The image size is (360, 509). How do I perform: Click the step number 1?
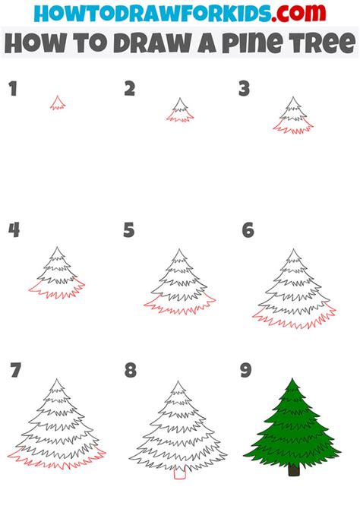coord(12,90)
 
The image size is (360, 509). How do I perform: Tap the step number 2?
coord(130,90)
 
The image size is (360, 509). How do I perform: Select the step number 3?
coord(244,90)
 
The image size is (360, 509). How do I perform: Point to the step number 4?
coord(14,229)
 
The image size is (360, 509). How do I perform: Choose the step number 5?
coord(129,229)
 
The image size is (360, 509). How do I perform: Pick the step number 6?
coord(248,229)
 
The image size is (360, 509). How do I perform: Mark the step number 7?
coord(14,371)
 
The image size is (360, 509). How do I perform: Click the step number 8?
coord(131,371)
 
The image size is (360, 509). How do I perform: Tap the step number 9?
coord(246,371)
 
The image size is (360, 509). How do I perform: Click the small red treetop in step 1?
coord(58,103)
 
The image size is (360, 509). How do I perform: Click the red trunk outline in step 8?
coord(179,473)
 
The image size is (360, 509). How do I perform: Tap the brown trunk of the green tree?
coord(293,470)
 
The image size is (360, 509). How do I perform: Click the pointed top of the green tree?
coord(292,380)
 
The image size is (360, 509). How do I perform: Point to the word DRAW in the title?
coord(141,43)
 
